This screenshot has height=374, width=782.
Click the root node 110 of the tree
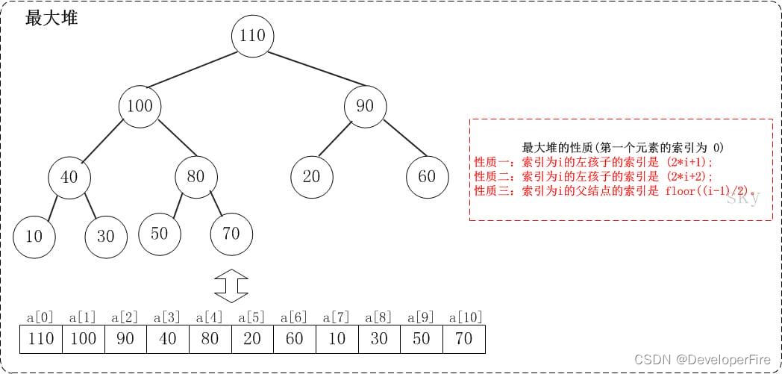pos(253,35)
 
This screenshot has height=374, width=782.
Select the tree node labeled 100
pos(140,105)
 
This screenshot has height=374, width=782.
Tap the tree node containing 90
pos(365,105)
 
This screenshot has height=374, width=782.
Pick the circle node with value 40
pos(69,177)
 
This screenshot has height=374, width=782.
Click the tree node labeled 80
pos(195,177)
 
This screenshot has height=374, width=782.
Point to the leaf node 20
pos(311,177)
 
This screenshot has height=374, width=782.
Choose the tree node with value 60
pos(427,177)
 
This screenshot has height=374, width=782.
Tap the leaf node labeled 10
pos(34,236)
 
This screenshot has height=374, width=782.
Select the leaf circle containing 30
pos(105,236)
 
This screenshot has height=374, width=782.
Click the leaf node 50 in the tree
pos(159,233)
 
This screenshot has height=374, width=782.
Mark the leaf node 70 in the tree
pos(231,233)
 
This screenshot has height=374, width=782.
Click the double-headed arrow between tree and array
pos(231,286)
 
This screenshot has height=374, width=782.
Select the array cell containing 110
pos(41,339)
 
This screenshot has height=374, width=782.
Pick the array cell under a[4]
pos(210,339)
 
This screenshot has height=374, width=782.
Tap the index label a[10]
pos(463,317)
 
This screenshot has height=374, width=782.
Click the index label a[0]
pos(41,317)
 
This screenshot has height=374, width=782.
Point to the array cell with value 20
pos(252,339)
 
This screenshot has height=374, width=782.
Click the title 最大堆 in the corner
pos(51,19)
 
